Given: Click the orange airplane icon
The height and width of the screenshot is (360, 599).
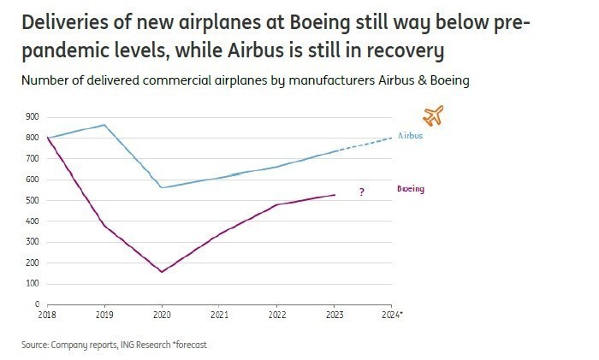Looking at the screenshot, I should (x=434, y=115).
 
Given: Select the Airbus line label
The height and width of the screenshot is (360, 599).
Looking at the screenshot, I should (x=410, y=135).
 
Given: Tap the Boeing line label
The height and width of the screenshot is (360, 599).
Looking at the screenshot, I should (x=411, y=189).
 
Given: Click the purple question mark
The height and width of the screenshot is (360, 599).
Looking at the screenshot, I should (x=362, y=192).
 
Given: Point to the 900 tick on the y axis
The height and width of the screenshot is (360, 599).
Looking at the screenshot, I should (x=33, y=116).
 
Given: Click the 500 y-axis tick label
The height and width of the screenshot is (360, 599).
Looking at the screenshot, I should (x=33, y=200).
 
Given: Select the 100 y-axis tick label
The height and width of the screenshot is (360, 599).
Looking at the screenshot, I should (x=33, y=283).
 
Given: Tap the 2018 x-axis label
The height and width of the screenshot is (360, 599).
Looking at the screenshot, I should (x=49, y=315).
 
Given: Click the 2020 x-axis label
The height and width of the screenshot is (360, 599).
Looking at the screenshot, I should (x=162, y=315).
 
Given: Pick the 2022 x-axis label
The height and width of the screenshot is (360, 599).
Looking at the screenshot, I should (x=276, y=315).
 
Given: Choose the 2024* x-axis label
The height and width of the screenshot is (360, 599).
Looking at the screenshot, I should (x=392, y=315).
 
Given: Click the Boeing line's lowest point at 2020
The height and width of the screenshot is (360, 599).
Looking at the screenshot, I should (x=162, y=272).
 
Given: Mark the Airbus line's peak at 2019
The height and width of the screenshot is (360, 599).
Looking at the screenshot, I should (x=104, y=125).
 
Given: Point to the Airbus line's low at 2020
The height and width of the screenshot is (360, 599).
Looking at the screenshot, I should (x=162, y=187).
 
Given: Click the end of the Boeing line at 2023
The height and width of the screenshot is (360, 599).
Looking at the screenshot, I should (x=334, y=195).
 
